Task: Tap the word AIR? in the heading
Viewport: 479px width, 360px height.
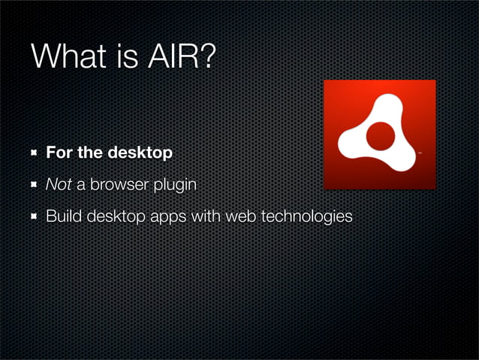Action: tap(181, 57)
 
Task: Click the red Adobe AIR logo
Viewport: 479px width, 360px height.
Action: tap(379, 135)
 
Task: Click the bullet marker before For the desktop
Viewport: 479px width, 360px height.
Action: tap(35, 153)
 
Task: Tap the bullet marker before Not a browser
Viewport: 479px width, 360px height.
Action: tap(35, 186)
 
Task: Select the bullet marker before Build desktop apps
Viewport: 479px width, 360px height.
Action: tap(35, 217)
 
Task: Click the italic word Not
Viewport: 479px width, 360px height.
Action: tap(58, 186)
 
